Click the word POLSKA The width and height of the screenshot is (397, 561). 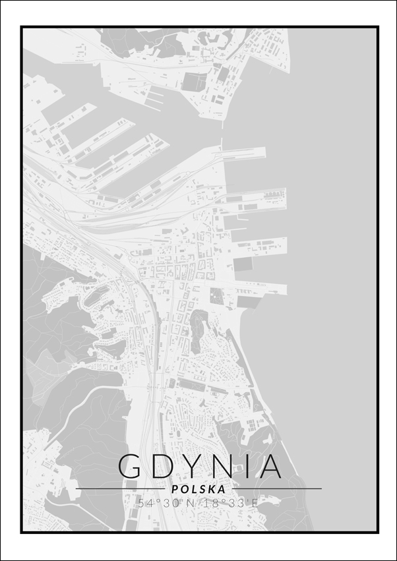(x=198, y=489)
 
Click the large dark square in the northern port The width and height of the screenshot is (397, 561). (x=194, y=81)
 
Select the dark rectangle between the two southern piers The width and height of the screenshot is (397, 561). (x=243, y=264)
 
